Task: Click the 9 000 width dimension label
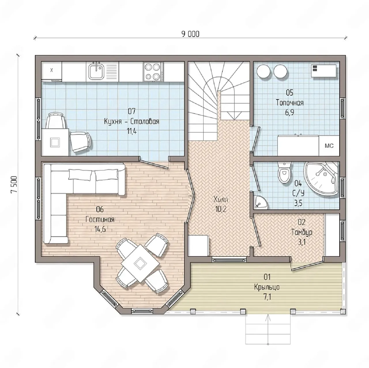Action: (190, 34)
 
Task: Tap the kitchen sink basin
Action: (96, 72)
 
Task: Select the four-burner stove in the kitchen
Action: (153, 72)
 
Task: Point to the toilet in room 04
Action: (284, 172)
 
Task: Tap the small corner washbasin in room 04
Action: (261, 203)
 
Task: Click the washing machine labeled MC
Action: (329, 146)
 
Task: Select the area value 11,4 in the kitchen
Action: (132, 131)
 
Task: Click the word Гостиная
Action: (100, 219)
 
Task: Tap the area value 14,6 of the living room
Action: (100, 229)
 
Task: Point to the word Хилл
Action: (221, 200)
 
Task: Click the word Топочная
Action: (289, 103)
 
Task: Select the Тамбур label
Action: (302, 232)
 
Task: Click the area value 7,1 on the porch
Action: (267, 297)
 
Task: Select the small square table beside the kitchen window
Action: (55, 142)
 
